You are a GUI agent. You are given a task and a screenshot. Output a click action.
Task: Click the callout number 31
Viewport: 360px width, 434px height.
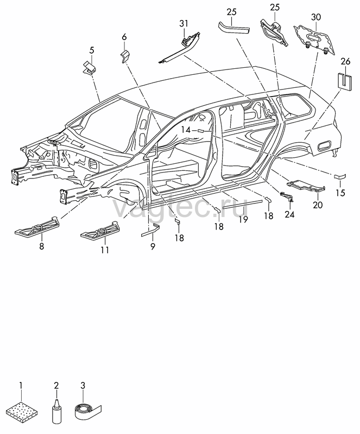[184, 24]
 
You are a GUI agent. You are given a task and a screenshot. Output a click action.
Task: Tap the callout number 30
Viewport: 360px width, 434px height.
[316, 17]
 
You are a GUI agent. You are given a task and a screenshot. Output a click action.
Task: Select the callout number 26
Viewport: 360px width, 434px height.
[345, 61]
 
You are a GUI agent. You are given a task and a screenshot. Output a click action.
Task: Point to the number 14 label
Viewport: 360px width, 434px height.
[186, 130]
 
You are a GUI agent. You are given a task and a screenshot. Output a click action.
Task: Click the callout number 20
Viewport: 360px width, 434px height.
[318, 205]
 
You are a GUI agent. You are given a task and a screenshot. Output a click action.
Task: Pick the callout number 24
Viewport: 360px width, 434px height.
[289, 214]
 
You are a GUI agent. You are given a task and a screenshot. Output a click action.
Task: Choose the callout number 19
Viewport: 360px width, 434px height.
[243, 220]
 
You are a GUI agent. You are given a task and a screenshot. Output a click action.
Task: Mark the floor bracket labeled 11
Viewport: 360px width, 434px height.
[100, 229]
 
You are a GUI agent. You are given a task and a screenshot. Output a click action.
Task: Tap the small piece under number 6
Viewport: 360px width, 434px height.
[125, 57]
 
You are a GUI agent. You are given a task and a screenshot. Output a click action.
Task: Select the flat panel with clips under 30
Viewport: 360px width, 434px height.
[314, 39]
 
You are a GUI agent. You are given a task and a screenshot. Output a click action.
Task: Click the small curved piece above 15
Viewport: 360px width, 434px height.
[340, 176]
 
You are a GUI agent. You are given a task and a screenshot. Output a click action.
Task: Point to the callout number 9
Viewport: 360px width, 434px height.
[153, 246]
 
